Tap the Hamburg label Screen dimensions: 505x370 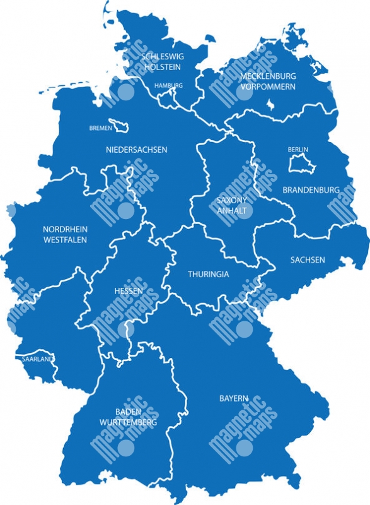[169, 85]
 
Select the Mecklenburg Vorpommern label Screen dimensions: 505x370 [267, 81]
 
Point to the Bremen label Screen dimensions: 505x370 [100, 128]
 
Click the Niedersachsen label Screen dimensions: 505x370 [136, 150]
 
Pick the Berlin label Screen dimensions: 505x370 [298, 150]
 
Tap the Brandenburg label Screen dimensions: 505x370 [311, 189]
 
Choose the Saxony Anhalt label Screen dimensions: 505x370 [231, 205]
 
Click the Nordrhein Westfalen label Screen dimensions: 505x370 [65, 234]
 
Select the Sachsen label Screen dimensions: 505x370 [308, 259]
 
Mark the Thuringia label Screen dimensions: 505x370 [209, 275]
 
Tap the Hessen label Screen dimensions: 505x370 [128, 291]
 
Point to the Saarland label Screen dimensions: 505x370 [37, 359]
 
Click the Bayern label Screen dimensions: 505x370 [234, 398]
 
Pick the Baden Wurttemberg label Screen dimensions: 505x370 [129, 417]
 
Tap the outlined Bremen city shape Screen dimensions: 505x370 [119, 126]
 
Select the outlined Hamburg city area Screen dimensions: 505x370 [168, 96]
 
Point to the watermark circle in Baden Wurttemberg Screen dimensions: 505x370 [127, 448]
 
